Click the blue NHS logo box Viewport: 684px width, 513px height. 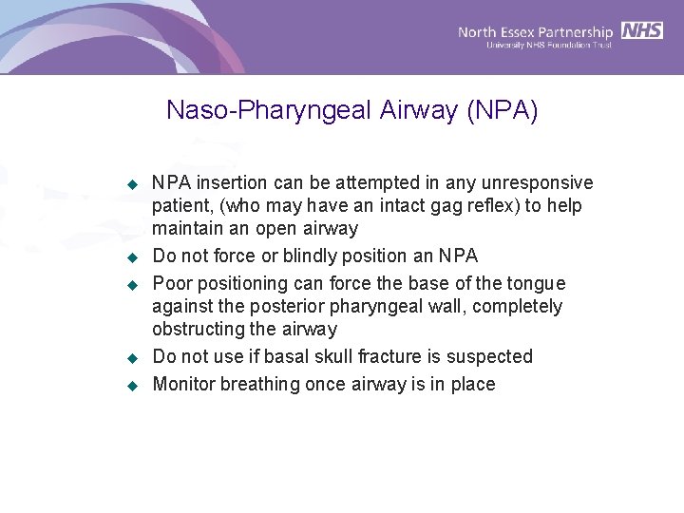coord(642,30)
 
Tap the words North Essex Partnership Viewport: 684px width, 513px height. coord(536,32)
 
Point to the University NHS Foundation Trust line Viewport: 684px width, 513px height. coord(548,45)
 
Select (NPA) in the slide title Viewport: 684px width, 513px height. coord(502,111)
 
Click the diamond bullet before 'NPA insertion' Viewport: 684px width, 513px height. coord(133,183)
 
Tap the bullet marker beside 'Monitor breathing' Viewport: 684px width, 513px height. coord(133,385)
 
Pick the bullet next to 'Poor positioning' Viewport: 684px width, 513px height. coord(133,284)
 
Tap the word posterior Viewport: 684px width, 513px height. coord(272,306)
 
